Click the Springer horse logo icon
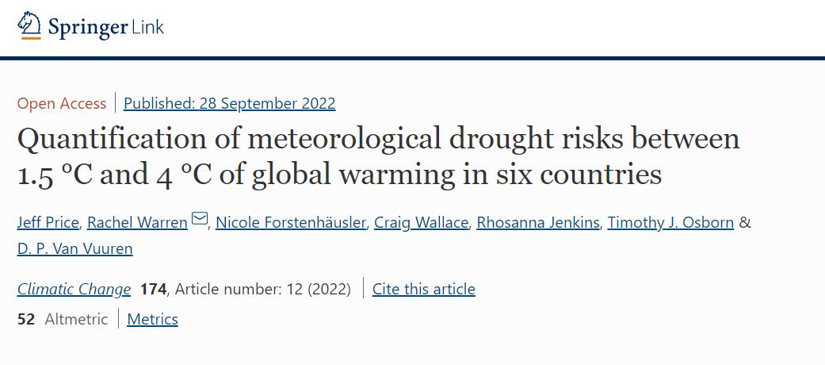click(29, 25)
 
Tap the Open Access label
click(62, 103)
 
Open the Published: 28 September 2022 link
click(229, 103)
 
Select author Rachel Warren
click(137, 222)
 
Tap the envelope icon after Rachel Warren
click(200, 220)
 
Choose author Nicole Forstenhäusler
click(291, 222)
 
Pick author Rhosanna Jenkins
click(538, 222)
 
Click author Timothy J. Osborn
click(670, 222)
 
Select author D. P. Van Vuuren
click(75, 248)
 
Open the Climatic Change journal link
click(74, 289)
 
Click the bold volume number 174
click(153, 289)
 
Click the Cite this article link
click(424, 289)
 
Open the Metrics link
click(152, 319)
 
